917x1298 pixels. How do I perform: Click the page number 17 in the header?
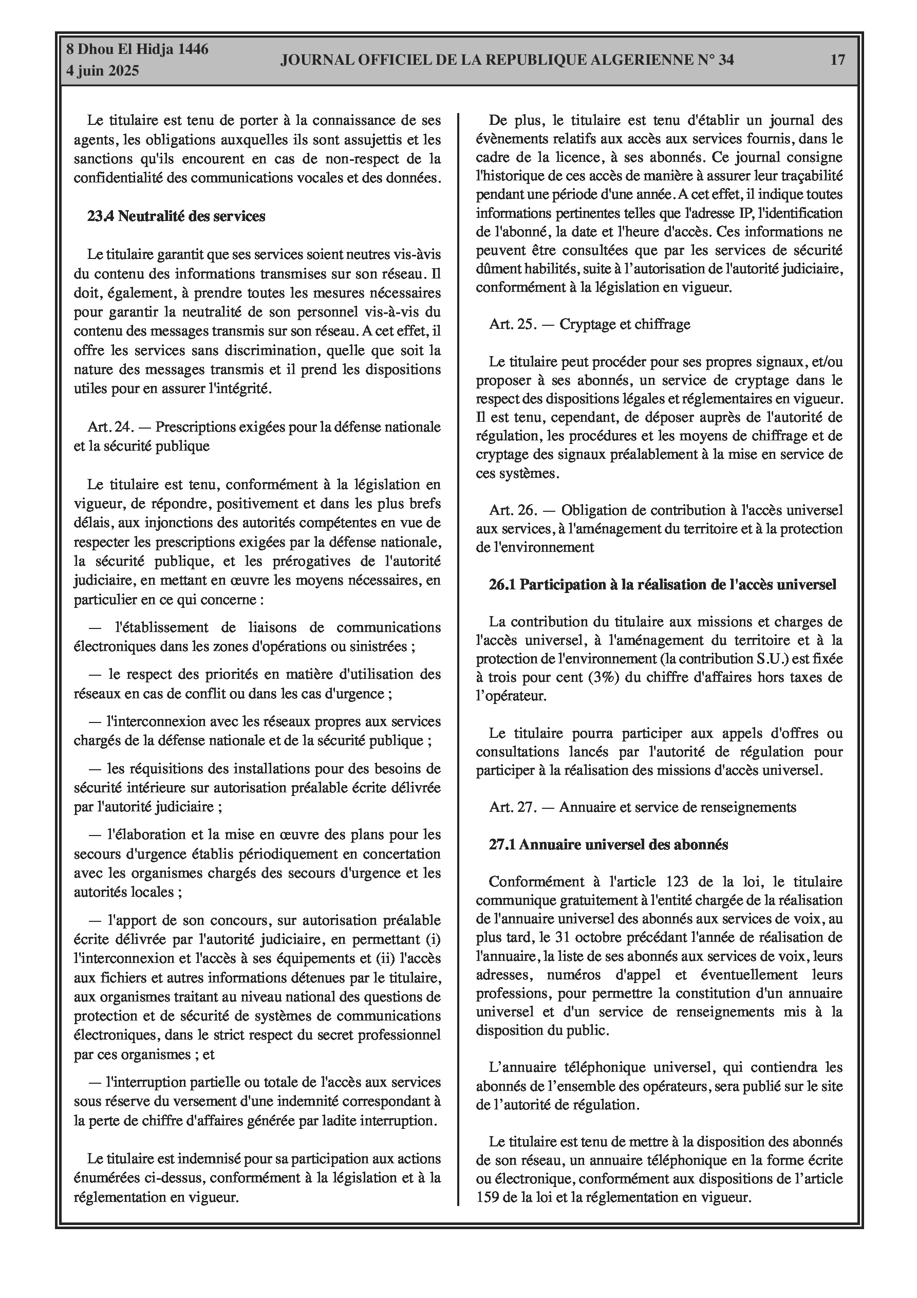click(837, 60)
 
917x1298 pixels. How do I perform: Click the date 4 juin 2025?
click(102, 71)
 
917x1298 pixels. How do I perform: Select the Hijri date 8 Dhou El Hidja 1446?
click(137, 49)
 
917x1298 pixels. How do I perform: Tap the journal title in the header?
click(507, 60)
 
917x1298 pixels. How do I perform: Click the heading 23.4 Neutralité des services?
click(176, 216)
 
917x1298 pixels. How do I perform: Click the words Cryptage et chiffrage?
click(625, 325)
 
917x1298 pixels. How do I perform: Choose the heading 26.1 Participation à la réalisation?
click(662, 585)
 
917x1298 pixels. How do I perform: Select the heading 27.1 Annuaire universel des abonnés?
click(608, 845)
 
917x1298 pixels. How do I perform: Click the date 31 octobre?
click(583, 937)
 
